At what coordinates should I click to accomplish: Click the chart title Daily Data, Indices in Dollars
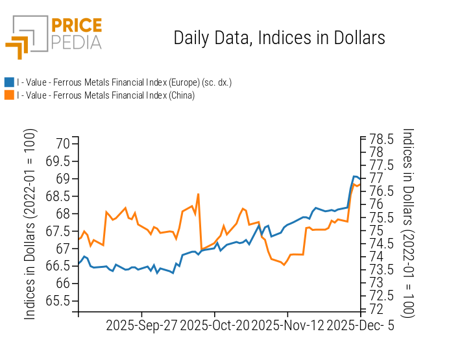click(x=279, y=38)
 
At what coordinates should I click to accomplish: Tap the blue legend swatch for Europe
click(x=9, y=82)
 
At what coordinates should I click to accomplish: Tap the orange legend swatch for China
click(x=9, y=95)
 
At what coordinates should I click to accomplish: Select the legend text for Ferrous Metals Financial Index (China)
click(x=106, y=95)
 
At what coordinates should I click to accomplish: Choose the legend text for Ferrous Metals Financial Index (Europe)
click(x=124, y=82)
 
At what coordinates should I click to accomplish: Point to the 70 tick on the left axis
click(x=62, y=143)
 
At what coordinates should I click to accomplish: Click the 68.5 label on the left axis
click(x=57, y=196)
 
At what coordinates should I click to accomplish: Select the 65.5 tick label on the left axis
click(x=57, y=301)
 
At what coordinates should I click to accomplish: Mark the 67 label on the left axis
click(x=62, y=248)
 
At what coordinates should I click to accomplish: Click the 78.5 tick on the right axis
click(x=382, y=139)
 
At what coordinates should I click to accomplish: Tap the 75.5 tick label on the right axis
click(x=382, y=217)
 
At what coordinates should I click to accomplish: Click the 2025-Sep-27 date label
click(x=141, y=325)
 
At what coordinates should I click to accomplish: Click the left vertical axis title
click(x=30, y=224)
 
